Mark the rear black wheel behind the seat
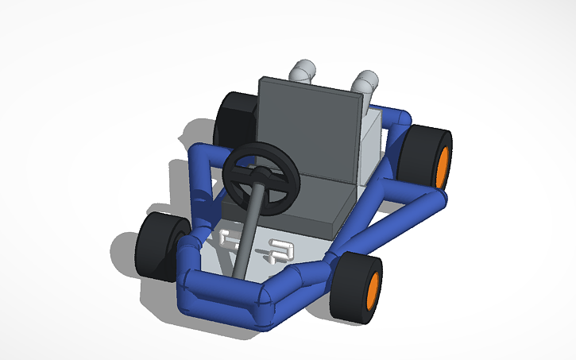coord(234,119)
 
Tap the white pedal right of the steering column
coord(280,250)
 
